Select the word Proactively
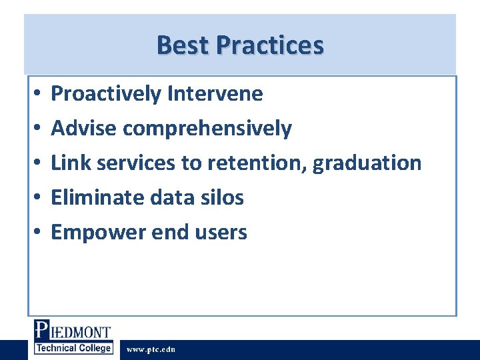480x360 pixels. pos(106,94)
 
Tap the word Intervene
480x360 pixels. pos(215,94)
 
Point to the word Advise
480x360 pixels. pos(84,128)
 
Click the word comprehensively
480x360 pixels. pos(207,129)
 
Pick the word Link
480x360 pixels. pos(68,163)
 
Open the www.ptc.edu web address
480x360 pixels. pos(151,349)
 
